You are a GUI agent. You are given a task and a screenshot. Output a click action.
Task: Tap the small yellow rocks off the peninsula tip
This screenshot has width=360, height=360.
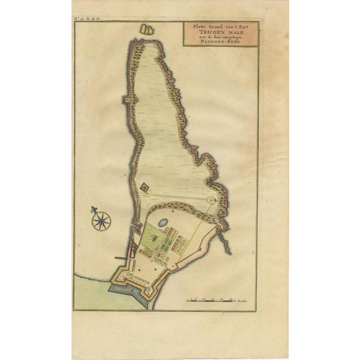[x=147, y=28]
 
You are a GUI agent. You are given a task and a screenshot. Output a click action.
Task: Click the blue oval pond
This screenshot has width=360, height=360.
[x=163, y=222]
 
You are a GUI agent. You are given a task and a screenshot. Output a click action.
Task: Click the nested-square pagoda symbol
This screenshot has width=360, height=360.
[x=145, y=187]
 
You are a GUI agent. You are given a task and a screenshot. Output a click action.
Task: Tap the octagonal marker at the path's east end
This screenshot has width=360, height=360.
[x=212, y=200]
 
